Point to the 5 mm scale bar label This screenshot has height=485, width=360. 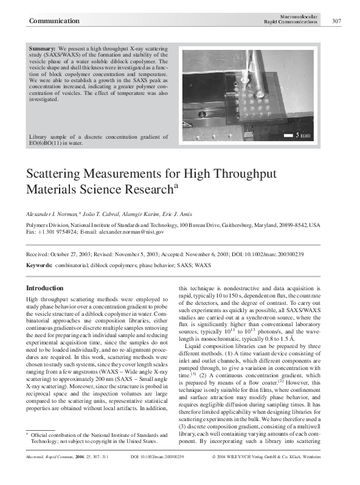pos(303,134)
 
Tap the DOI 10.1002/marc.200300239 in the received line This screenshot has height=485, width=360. pos(275,254)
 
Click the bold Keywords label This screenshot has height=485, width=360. pos(40,266)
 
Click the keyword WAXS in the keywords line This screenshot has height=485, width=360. pos(202,266)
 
